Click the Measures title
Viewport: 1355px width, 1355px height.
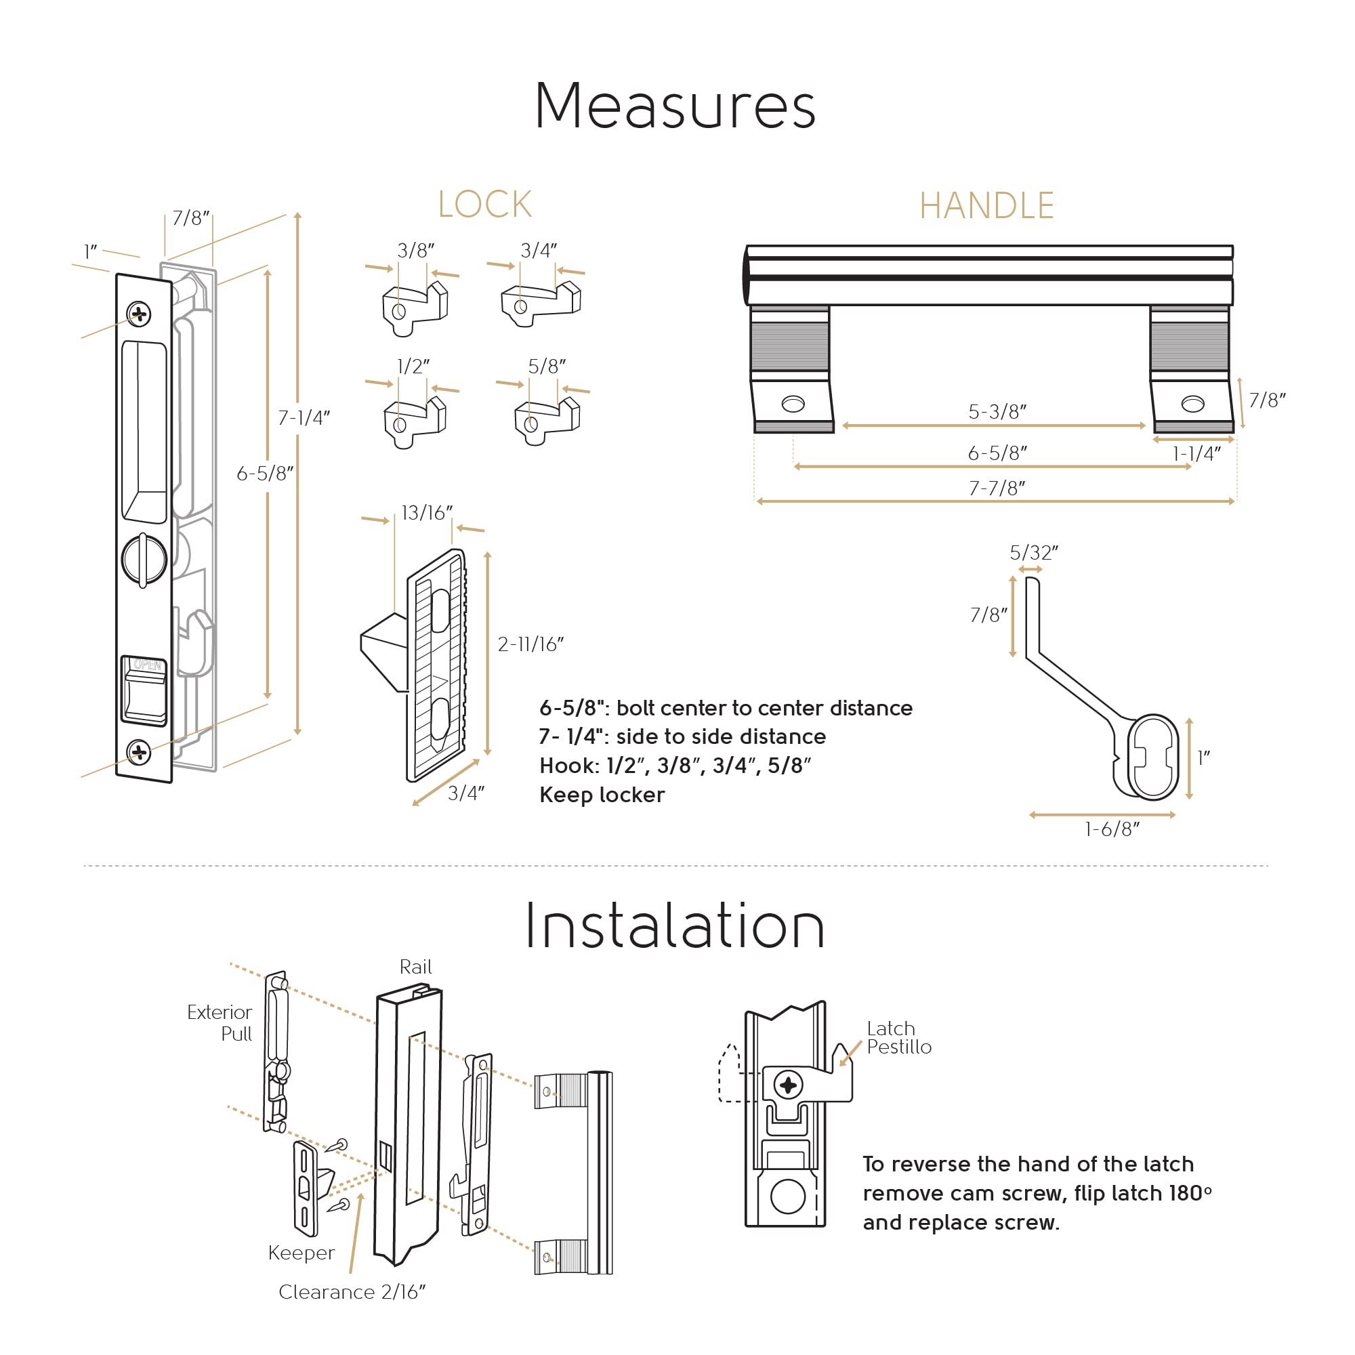point(675,106)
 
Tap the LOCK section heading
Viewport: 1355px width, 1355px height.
point(484,205)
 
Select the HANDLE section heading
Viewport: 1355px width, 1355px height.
point(986,205)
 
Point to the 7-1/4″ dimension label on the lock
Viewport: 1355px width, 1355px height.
point(304,418)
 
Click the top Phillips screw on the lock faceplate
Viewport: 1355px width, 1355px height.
point(139,314)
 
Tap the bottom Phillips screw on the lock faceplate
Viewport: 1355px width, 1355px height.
point(139,753)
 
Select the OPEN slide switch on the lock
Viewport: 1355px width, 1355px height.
point(144,691)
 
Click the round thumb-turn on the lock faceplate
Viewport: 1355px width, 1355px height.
point(144,559)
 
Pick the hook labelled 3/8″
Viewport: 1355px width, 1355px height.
point(415,308)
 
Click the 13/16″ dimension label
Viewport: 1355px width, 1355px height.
point(426,513)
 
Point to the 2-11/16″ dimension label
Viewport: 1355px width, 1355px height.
point(530,644)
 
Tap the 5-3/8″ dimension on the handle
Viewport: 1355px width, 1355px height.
point(997,412)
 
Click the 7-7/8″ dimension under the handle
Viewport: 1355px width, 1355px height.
point(997,488)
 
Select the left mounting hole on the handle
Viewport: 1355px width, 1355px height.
point(793,404)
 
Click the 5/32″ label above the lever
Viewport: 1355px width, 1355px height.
point(1034,553)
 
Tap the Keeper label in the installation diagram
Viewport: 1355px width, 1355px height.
point(301,1253)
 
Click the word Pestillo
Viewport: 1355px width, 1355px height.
point(899,1047)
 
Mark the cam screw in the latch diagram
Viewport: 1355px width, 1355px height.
point(789,1085)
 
